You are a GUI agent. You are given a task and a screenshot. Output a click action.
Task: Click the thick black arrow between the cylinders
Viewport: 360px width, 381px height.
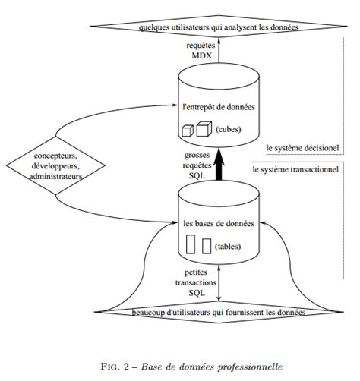(219, 164)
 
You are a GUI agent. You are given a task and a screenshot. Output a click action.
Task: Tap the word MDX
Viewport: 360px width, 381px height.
(201, 55)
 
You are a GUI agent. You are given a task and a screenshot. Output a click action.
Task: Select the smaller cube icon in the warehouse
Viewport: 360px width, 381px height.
(188, 131)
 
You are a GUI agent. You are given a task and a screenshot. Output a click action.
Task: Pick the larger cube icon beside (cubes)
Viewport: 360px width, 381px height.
(204, 129)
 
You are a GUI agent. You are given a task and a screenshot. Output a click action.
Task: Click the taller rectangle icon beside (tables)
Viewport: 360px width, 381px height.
(191, 244)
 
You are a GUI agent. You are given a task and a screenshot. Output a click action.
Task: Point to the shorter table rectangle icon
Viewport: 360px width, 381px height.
(207, 246)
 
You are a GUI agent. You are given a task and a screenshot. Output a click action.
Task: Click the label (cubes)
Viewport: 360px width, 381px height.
(228, 130)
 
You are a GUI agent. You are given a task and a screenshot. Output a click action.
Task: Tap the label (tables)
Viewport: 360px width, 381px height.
(228, 247)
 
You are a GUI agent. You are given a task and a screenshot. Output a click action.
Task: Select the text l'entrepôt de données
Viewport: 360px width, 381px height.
(219, 107)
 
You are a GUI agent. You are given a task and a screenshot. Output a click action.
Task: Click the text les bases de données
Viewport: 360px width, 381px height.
(219, 224)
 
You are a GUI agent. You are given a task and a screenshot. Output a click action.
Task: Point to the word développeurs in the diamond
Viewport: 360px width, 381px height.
(55, 166)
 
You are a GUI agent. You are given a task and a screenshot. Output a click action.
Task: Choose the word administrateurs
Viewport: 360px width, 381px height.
(55, 176)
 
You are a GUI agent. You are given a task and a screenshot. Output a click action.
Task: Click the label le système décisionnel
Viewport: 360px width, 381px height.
(302, 148)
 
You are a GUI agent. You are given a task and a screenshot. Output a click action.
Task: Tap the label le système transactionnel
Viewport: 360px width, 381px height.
(295, 169)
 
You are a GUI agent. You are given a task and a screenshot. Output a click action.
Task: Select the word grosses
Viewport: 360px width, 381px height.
(197, 156)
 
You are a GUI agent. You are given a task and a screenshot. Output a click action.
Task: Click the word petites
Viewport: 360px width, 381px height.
(196, 272)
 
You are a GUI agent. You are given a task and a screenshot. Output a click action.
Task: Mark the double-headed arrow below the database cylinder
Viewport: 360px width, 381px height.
(219, 283)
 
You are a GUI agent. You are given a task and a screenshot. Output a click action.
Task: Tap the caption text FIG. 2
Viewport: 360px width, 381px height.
(118, 367)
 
